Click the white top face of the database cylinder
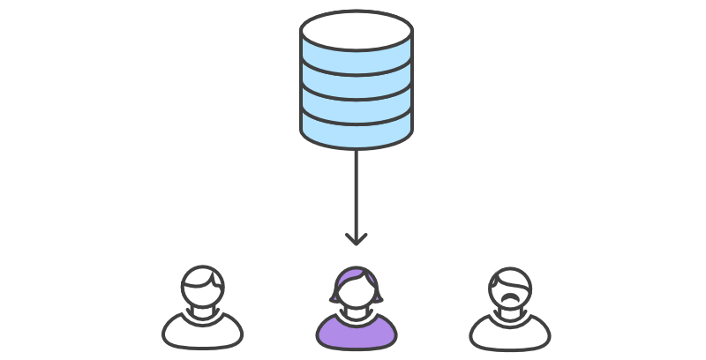pos(357,30)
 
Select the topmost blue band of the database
pos(357,61)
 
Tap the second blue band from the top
pos(357,85)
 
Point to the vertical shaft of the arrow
pos(357,190)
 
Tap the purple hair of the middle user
pos(357,275)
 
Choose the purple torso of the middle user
pos(357,333)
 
